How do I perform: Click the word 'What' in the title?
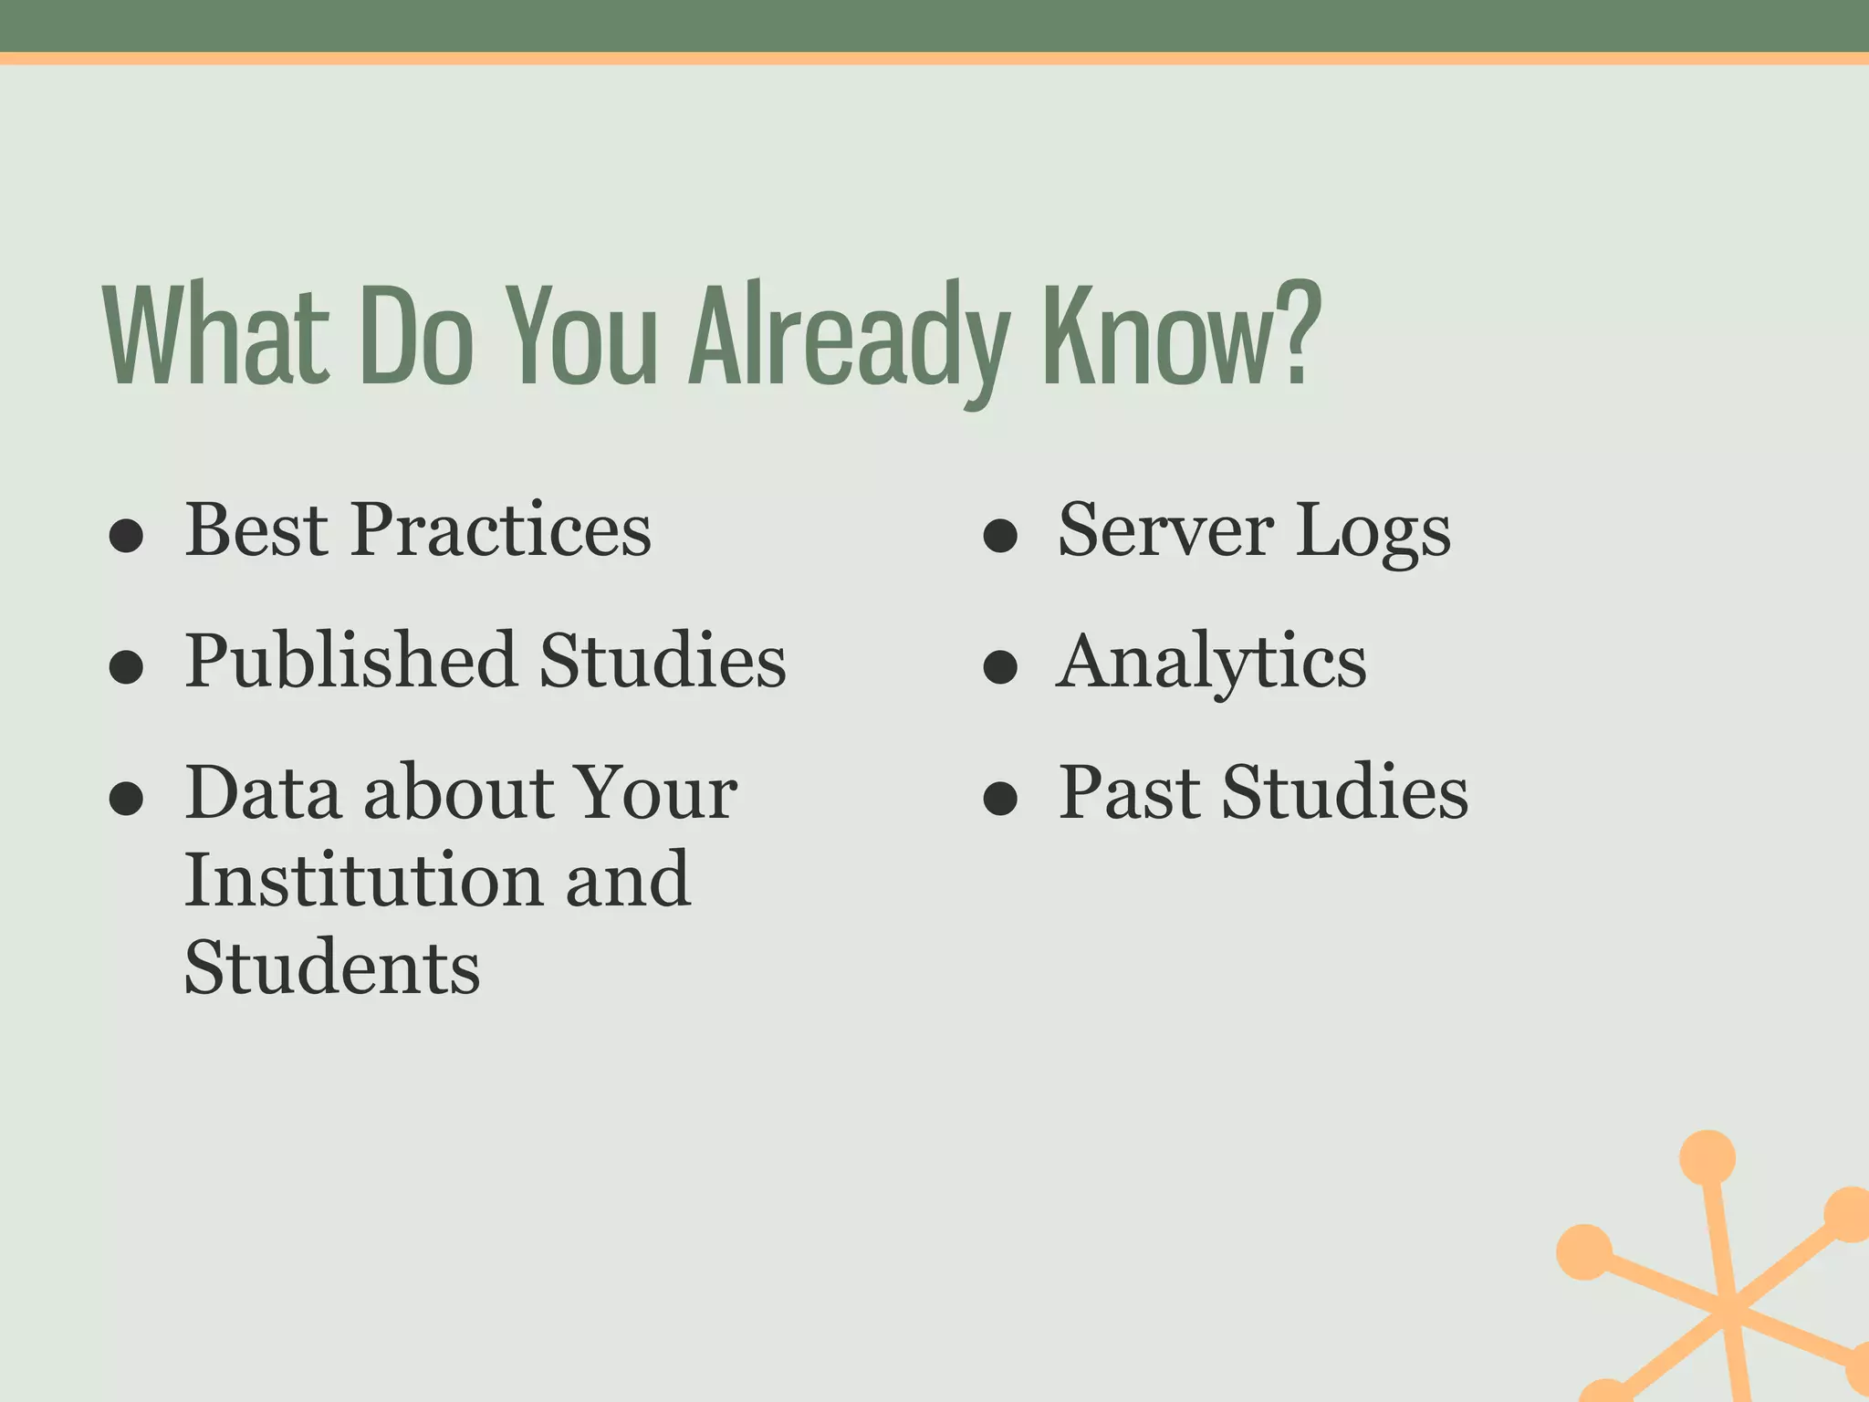coord(215,336)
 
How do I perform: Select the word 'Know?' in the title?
coord(1181,336)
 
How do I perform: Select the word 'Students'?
coord(332,967)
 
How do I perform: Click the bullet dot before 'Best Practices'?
coord(126,537)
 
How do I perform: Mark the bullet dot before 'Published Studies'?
coord(126,667)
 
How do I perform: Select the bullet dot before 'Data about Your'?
coord(126,799)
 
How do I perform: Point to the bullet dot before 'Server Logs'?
coord(1000,537)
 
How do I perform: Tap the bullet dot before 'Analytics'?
coord(1000,667)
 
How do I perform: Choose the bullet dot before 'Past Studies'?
coord(1000,799)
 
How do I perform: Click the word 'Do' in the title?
coord(417,336)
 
